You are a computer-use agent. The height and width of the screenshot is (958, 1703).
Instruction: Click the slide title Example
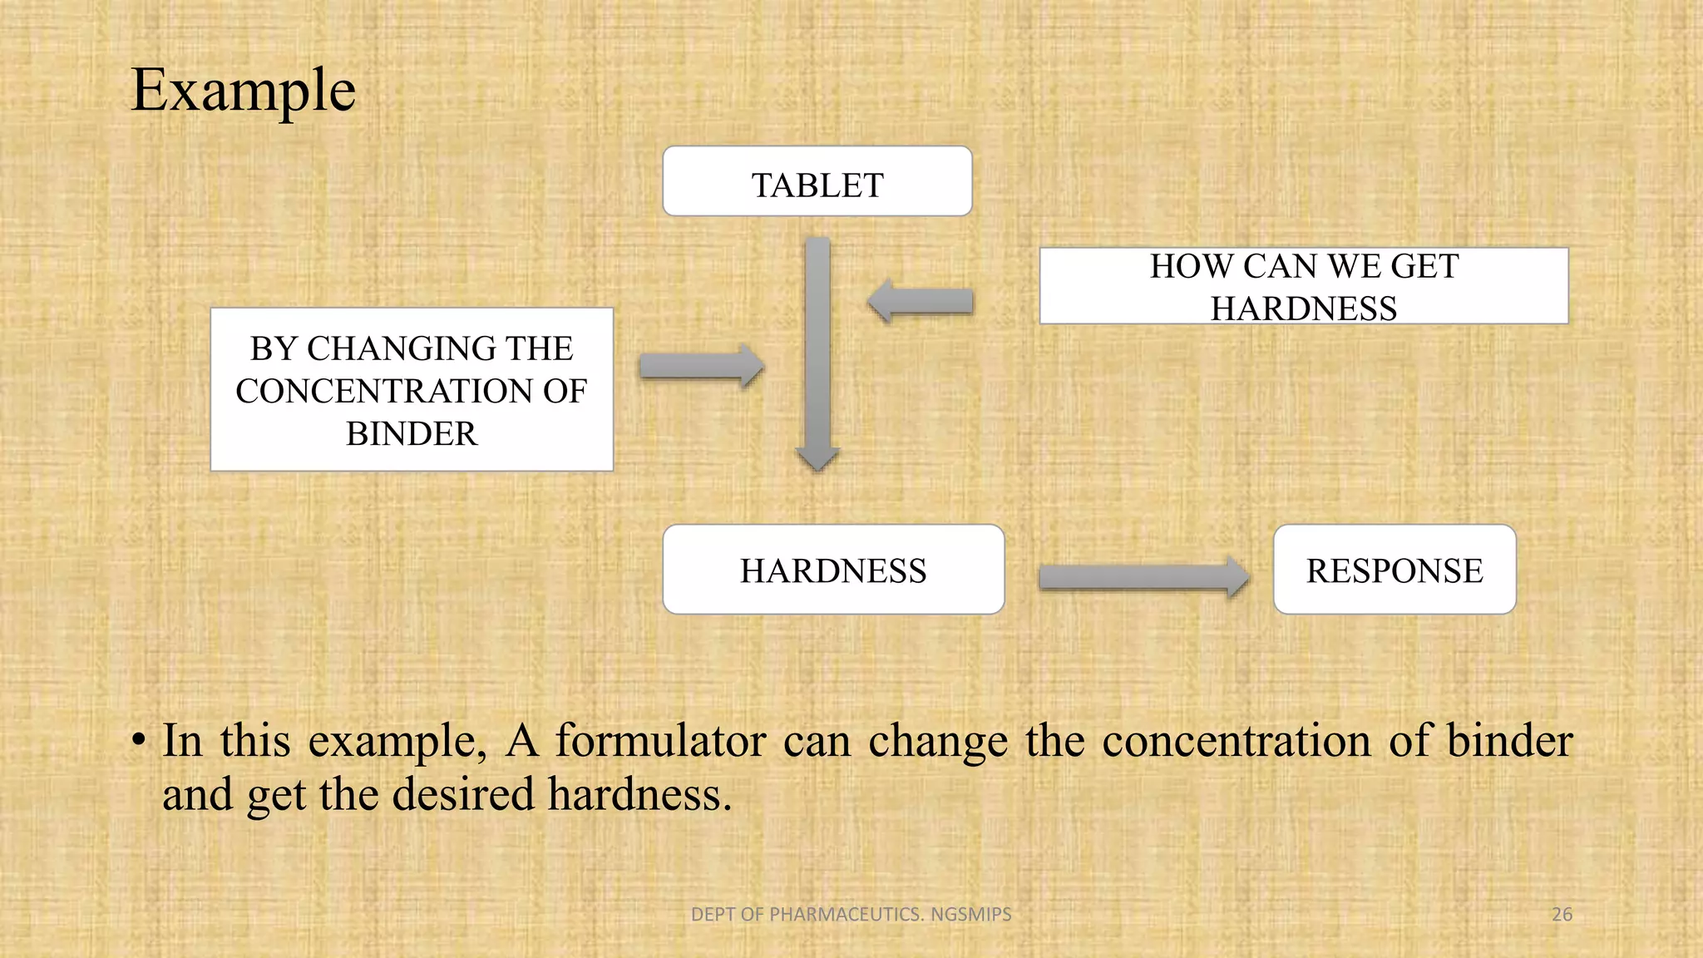click(244, 90)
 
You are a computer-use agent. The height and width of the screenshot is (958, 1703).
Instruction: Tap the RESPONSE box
click(1394, 570)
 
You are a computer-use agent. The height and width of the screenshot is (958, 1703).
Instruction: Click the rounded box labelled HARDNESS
click(833, 570)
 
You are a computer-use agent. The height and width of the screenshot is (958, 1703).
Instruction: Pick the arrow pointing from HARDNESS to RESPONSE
click(1143, 576)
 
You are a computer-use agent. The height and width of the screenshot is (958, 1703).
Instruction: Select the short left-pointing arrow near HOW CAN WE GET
click(920, 301)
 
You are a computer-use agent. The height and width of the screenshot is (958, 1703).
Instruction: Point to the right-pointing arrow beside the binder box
click(701, 366)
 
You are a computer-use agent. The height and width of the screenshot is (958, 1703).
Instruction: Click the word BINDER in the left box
click(412, 434)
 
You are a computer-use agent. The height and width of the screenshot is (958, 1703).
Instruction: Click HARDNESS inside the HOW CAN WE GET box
click(1303, 309)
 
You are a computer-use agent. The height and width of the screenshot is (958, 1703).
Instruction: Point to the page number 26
click(1562, 914)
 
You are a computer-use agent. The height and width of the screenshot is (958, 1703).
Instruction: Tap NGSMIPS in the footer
click(970, 914)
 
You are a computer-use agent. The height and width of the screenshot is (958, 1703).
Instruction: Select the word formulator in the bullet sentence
click(660, 740)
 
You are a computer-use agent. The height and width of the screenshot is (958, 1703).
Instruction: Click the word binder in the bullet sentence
click(1509, 740)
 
